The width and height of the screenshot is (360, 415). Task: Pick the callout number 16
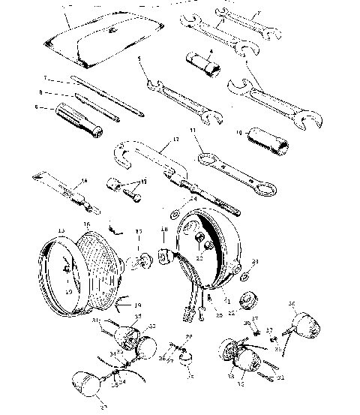87,224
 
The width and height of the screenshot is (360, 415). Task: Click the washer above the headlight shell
175,208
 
